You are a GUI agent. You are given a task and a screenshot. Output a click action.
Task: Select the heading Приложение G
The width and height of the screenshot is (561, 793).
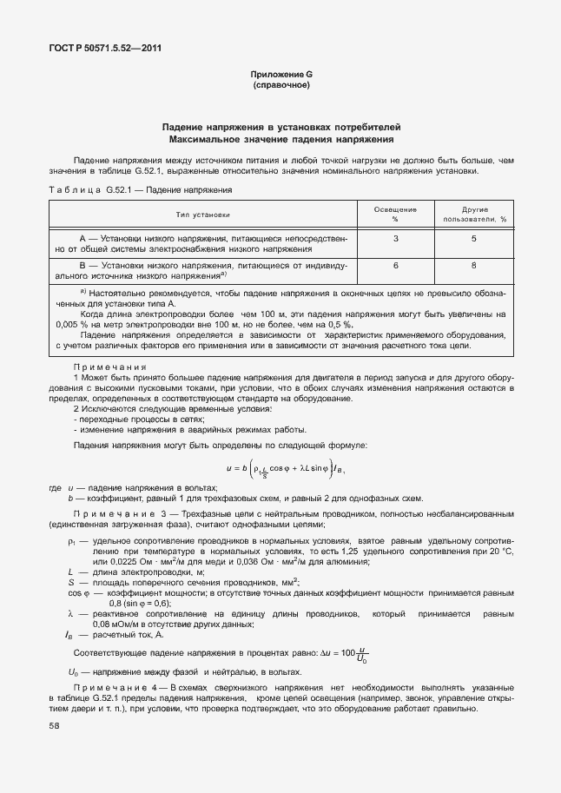[280, 76]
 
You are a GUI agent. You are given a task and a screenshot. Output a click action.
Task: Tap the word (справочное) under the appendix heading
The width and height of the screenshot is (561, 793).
[280, 87]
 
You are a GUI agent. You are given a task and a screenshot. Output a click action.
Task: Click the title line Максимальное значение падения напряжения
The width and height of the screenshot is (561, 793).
[280, 139]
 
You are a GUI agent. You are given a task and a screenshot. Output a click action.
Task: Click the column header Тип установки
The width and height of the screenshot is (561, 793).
[204, 214]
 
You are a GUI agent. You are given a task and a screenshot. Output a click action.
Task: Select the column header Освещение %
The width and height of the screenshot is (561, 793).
[395, 214]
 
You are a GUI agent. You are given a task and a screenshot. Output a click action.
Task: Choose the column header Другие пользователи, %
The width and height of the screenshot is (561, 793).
[474, 214]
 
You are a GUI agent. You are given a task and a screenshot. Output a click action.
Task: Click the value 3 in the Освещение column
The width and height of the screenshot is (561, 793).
[395, 238]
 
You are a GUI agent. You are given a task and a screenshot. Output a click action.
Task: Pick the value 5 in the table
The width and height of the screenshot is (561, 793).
[474, 238]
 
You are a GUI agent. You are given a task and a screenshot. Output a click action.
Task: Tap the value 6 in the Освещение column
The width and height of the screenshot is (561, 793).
[395, 265]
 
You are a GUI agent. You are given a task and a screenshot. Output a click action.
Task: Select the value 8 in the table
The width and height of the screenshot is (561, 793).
[474, 265]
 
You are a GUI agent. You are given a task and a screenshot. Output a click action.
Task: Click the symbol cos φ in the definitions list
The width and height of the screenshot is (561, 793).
[76, 594]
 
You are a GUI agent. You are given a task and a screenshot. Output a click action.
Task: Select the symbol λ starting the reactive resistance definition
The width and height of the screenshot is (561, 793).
[69, 613]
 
